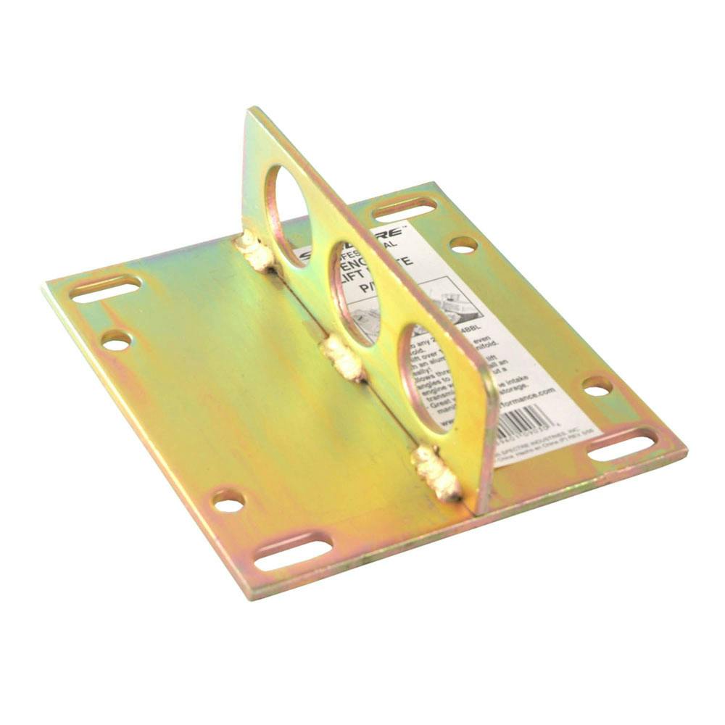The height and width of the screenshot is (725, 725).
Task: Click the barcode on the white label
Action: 527,423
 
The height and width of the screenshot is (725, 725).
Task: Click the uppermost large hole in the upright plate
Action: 289,204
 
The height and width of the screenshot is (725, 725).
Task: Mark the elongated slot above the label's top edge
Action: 404,209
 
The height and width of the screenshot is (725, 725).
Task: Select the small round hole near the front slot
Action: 228,500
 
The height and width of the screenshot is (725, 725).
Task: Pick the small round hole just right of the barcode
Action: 597,386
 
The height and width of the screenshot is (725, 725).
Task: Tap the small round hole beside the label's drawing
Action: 464,244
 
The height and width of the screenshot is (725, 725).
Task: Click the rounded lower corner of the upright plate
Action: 484,500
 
